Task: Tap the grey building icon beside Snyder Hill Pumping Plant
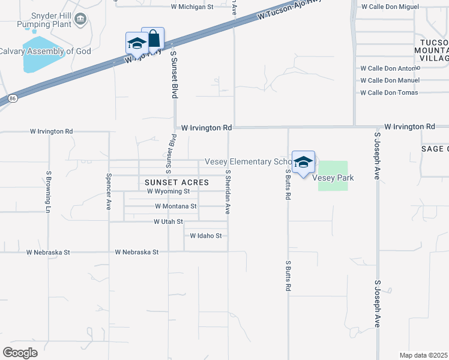(x=80, y=22)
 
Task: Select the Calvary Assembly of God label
(x=45, y=52)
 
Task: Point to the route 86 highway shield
(x=13, y=97)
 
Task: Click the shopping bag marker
(x=153, y=38)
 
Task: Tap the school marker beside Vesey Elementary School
(x=303, y=162)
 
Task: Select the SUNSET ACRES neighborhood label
(x=176, y=182)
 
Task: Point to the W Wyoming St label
(x=168, y=191)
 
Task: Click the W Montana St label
(x=176, y=206)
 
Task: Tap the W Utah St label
(x=168, y=221)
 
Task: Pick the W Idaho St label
(x=206, y=236)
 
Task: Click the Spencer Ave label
(x=109, y=191)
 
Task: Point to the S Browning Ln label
(x=48, y=191)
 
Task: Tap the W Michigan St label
(x=192, y=7)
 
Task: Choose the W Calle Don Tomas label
(x=389, y=92)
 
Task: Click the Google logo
(x=20, y=352)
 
